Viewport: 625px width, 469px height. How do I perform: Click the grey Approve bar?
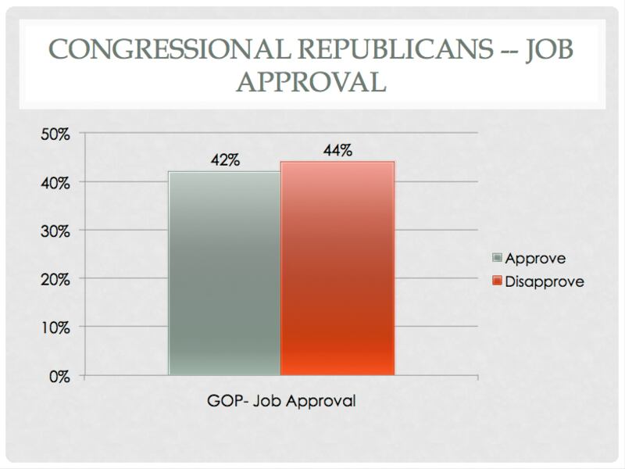pos(224,274)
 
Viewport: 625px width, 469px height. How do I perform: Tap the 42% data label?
pos(224,162)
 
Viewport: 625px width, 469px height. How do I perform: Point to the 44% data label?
pos(337,152)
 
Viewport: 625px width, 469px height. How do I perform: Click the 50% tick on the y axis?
pos(55,134)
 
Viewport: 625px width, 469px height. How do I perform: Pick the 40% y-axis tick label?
pos(55,182)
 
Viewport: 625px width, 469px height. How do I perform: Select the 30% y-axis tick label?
pos(55,231)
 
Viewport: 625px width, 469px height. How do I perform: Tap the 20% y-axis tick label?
pos(55,279)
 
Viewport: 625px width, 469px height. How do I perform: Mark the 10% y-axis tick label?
pos(55,328)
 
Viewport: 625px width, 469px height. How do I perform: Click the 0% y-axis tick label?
pos(59,376)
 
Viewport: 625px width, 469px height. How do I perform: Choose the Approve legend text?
pos(535,258)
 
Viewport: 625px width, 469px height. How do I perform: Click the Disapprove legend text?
pos(545,281)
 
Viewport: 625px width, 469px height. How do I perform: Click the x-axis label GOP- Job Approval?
pos(281,402)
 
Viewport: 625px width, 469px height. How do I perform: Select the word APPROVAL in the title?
pos(312,81)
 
